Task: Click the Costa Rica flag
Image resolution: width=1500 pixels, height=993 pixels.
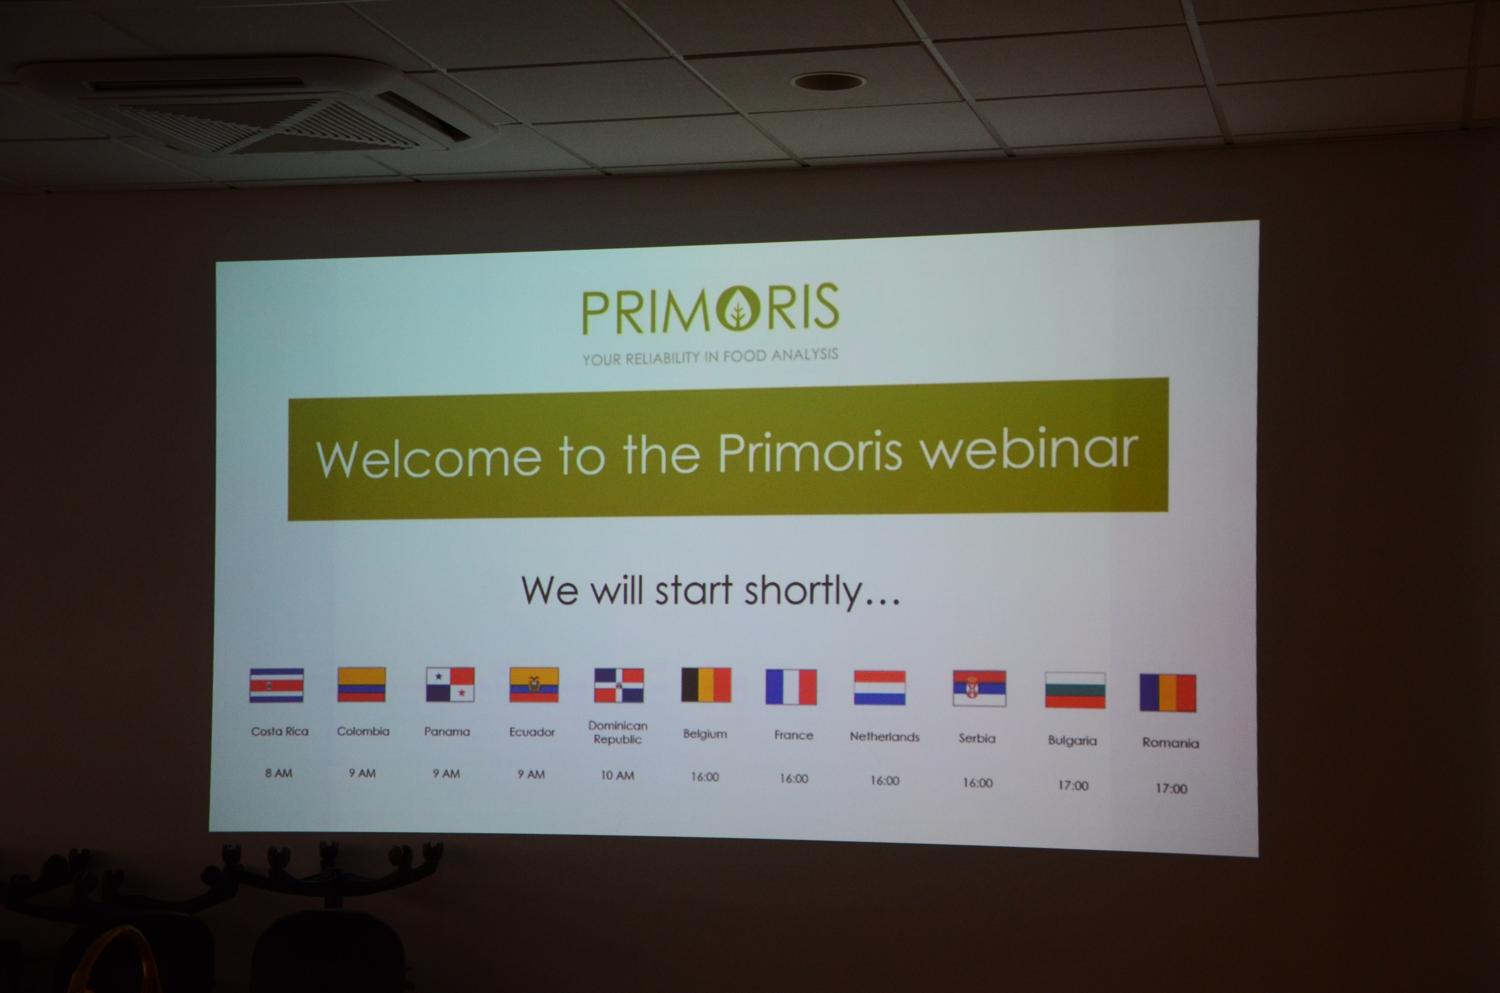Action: [x=276, y=685]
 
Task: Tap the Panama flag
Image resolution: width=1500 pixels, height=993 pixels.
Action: [x=450, y=685]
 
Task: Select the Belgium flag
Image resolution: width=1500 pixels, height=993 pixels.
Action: [x=706, y=685]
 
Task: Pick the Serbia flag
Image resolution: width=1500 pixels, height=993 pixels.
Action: [x=979, y=688]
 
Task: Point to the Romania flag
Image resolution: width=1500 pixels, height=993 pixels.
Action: [x=1168, y=693]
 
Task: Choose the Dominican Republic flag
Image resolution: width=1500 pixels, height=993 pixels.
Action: [x=619, y=685]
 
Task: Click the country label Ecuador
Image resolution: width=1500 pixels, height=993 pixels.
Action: [x=532, y=732]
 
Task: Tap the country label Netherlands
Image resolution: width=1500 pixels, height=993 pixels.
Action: [x=884, y=737]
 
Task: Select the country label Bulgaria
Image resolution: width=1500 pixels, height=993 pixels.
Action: [x=1072, y=740]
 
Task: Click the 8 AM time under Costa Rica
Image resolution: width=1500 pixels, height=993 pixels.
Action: [x=279, y=773]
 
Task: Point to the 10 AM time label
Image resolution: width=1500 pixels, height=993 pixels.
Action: [x=617, y=775]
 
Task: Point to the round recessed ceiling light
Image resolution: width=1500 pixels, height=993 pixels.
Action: [x=828, y=81]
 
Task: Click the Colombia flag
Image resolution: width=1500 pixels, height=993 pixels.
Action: [x=362, y=685]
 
